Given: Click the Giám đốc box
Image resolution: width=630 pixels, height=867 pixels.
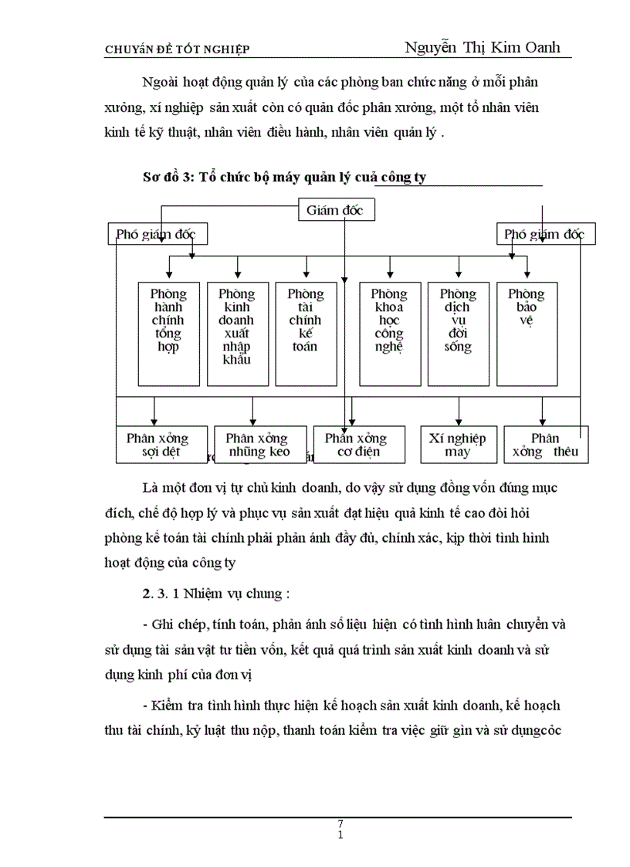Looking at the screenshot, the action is click(336, 210).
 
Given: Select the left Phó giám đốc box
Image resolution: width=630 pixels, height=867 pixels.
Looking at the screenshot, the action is click(157, 234).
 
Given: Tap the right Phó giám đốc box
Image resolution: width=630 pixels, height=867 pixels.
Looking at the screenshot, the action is click(545, 234).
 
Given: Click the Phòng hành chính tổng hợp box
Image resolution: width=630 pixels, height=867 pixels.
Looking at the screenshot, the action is click(168, 334).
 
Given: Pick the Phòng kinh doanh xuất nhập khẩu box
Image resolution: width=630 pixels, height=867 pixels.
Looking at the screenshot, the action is click(237, 334).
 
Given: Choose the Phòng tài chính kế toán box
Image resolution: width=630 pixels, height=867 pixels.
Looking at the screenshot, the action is click(306, 334).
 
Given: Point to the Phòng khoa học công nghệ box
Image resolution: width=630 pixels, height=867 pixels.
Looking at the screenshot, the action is click(389, 334).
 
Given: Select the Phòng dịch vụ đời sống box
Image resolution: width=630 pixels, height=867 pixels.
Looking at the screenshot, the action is click(458, 334).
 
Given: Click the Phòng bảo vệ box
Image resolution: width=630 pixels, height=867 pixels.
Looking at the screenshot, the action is click(527, 334).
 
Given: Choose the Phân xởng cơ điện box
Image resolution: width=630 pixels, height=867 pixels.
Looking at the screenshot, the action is click(355, 445).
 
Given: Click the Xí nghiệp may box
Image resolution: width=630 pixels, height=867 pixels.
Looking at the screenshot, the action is click(457, 445).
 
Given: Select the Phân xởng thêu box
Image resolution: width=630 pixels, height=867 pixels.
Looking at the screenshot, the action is click(545, 445).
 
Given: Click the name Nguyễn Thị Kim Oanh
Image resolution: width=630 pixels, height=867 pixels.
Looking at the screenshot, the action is click(482, 47).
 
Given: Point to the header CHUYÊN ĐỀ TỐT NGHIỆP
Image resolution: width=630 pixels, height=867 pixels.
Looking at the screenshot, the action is click(177, 50).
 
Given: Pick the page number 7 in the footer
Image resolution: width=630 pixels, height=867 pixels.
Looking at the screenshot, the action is click(340, 824).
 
